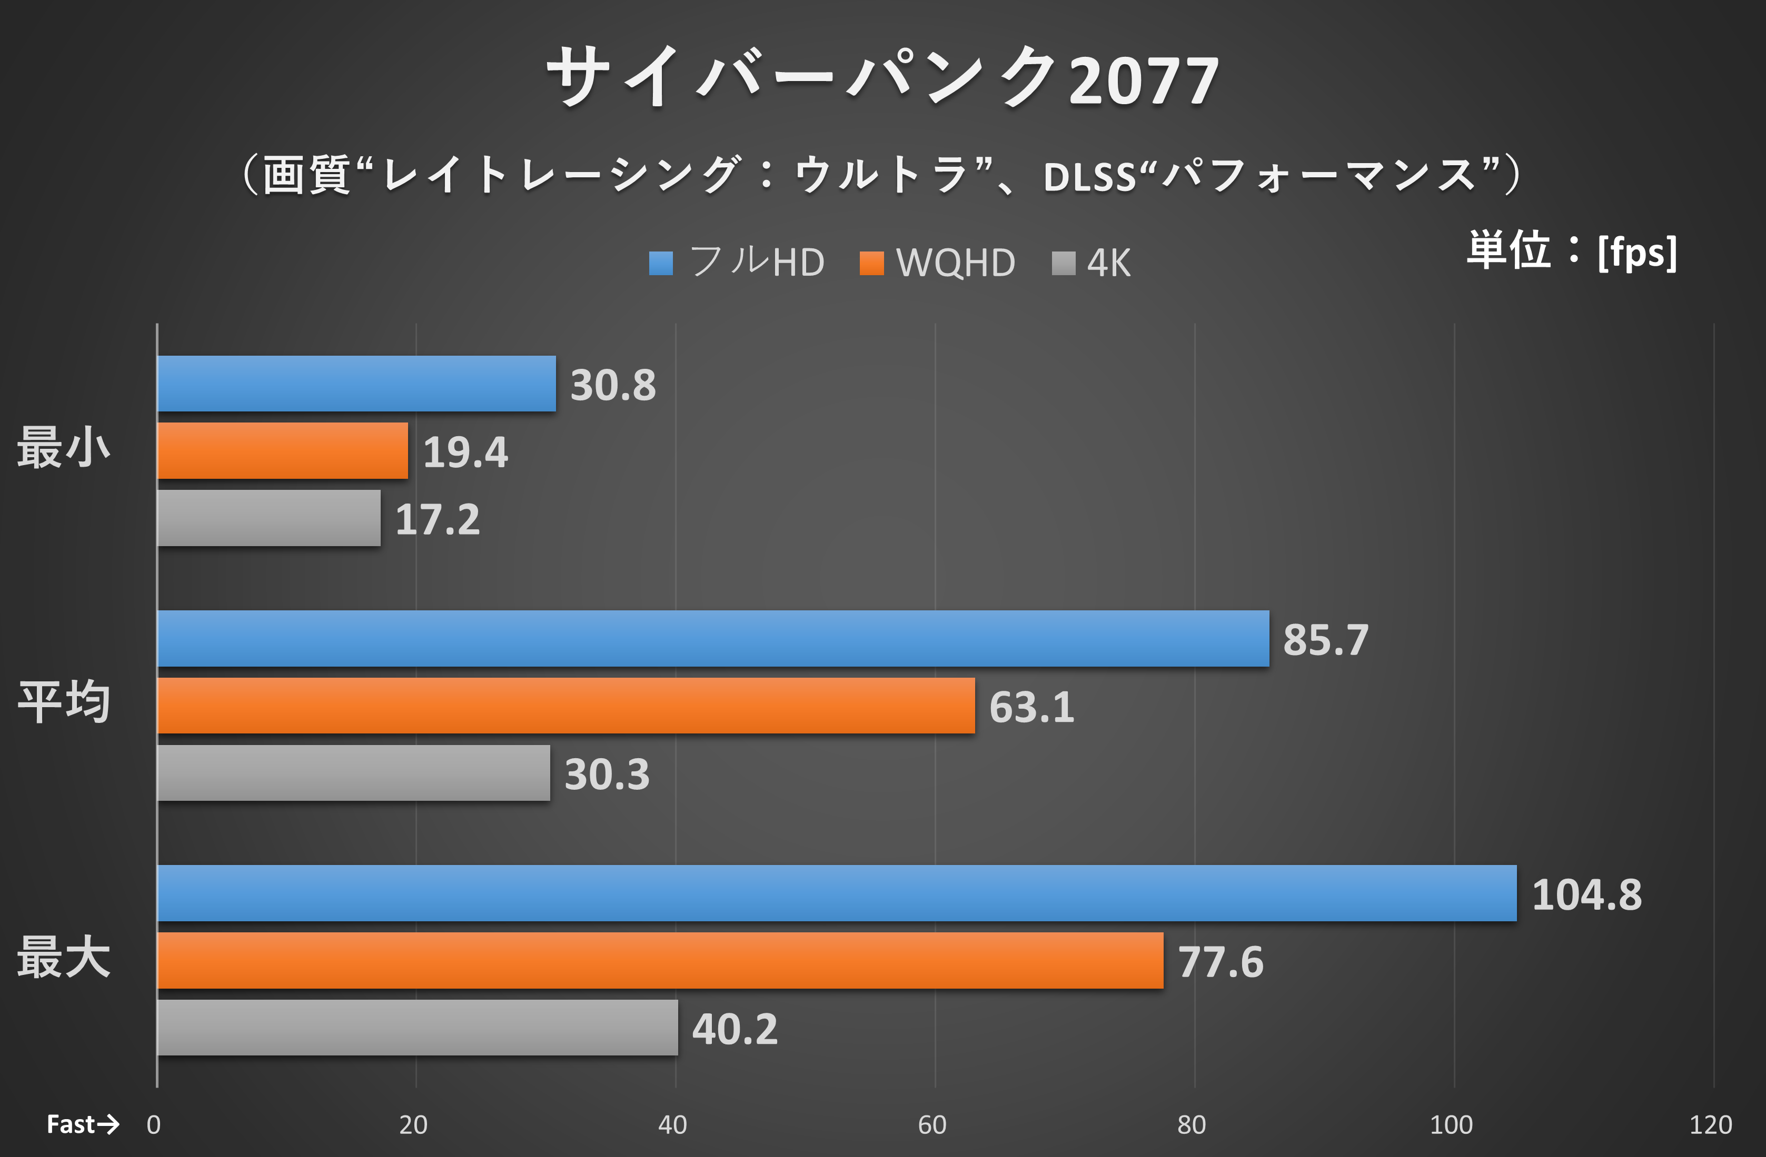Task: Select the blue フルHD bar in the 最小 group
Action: pyautogui.click(x=356, y=384)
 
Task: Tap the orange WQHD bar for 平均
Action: pyautogui.click(x=565, y=706)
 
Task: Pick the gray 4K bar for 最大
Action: pyautogui.click(x=417, y=1027)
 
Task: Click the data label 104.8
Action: pyautogui.click(x=1586, y=894)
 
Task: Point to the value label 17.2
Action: pyautogui.click(x=437, y=519)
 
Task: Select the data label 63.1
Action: pyautogui.click(x=1031, y=707)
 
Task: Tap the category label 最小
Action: pyautogui.click(x=64, y=448)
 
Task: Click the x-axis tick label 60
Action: pyautogui.click(x=932, y=1125)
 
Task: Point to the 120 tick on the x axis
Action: pyautogui.click(x=1710, y=1125)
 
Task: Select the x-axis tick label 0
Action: pyautogui.click(x=154, y=1125)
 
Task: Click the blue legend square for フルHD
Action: pyautogui.click(x=660, y=263)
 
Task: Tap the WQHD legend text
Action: pyautogui.click(x=956, y=263)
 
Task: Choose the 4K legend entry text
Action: pyautogui.click(x=1108, y=263)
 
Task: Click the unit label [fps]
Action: pyautogui.click(x=1637, y=252)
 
